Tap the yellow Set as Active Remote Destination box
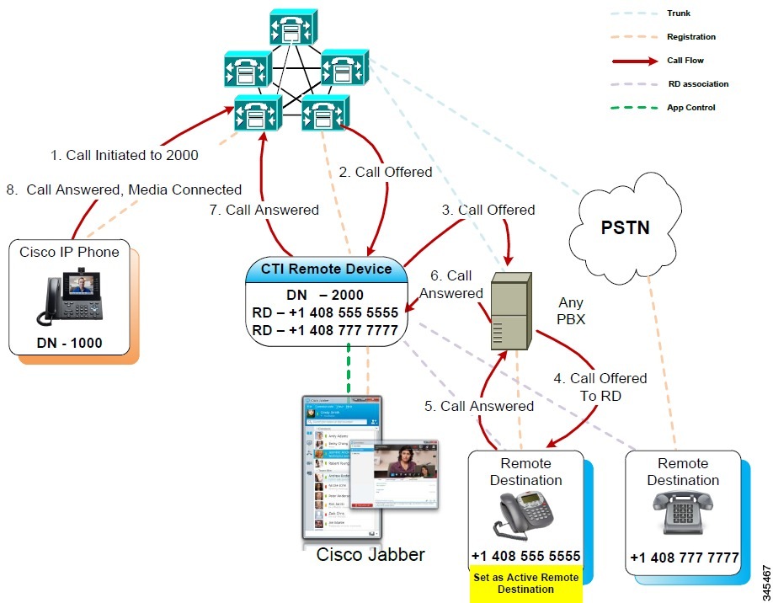tap(525, 584)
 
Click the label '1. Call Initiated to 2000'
tap(125, 155)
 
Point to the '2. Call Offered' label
tap(385, 172)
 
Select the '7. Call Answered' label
tap(264, 210)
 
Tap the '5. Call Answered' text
tap(479, 406)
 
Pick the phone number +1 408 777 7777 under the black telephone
tap(684, 558)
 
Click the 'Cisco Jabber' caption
tap(371, 555)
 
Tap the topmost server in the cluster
tap(293, 27)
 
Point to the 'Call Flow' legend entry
tap(685, 61)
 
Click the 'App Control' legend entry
tap(690, 108)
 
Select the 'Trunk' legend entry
tap(679, 13)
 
